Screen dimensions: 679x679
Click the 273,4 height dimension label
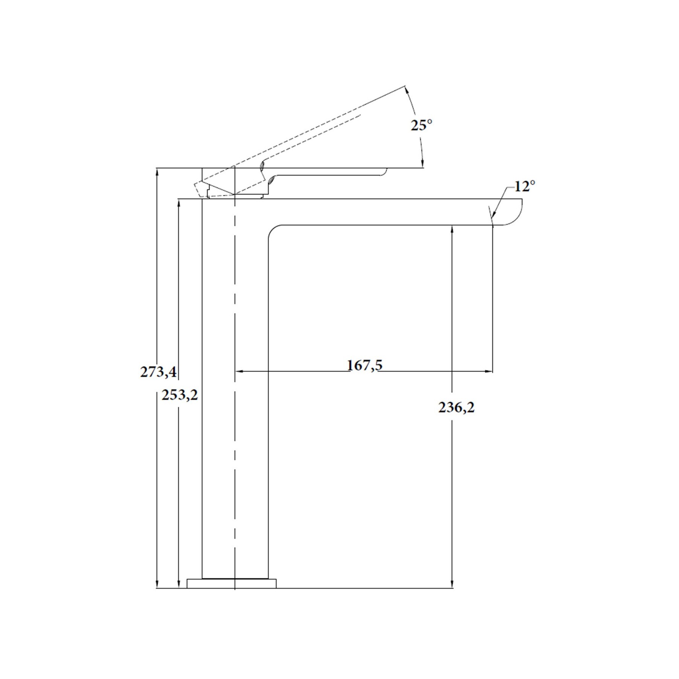click(158, 372)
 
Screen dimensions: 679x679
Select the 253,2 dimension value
click(180, 395)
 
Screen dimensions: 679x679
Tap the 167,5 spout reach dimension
click(364, 365)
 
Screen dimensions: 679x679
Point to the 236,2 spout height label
click(456, 407)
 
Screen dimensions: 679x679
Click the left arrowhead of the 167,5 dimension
click(239, 372)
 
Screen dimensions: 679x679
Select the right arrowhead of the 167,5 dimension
click(489, 372)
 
